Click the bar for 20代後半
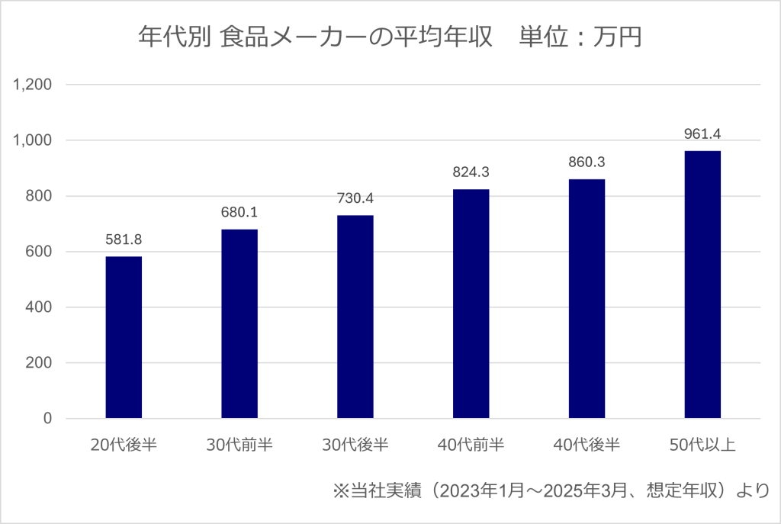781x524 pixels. (x=124, y=337)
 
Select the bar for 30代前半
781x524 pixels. (x=239, y=323)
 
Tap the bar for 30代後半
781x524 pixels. (x=355, y=317)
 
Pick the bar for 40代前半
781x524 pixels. (x=471, y=304)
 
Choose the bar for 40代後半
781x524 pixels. (x=587, y=298)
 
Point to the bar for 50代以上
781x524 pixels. (x=702, y=285)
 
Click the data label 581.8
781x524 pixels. (x=124, y=239)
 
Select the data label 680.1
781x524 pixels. (x=239, y=212)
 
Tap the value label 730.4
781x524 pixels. (x=355, y=198)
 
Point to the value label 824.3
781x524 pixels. (x=471, y=172)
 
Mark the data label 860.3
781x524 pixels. (x=587, y=162)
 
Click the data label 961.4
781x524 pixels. (x=702, y=134)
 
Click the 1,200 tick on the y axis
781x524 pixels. (x=33, y=85)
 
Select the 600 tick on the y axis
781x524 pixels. (x=39, y=252)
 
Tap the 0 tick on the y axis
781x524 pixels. (x=47, y=419)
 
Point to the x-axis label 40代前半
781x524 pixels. (x=471, y=445)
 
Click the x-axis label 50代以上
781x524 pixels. (x=702, y=445)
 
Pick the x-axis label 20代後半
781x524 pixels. (x=124, y=445)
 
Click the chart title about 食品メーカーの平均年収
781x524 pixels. (x=390, y=37)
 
